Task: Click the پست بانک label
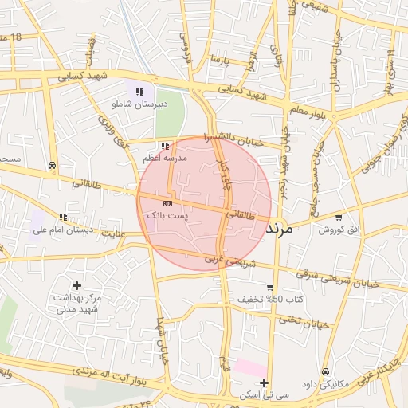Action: coord(167,216)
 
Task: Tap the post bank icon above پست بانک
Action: coord(167,204)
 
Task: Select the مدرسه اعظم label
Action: coord(165,159)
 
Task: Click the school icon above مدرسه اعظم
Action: coord(165,146)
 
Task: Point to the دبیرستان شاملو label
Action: coord(141,104)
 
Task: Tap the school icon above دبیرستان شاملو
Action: coord(140,92)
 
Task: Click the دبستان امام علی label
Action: coord(63,229)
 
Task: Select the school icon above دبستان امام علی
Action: coord(63,217)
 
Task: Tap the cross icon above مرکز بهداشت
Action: coord(76,285)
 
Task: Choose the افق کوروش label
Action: coord(339,229)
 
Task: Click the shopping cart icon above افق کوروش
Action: coord(339,217)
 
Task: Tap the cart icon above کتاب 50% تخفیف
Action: coord(270,288)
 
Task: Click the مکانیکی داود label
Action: coord(326,384)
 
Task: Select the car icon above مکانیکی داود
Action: coord(326,372)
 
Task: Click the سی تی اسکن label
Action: coord(264,395)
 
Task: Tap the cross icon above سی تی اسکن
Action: coord(264,383)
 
